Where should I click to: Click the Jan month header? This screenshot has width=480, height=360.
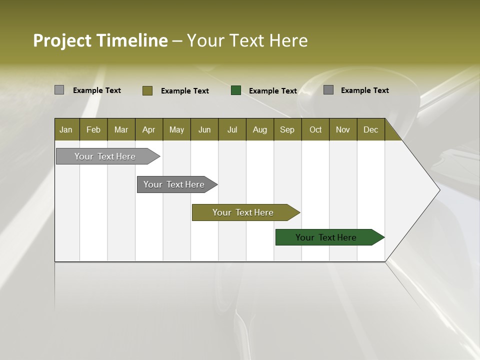66,129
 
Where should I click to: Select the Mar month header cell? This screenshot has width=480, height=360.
121,129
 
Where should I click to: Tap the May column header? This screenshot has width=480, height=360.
176,129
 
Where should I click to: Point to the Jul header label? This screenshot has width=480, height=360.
232,129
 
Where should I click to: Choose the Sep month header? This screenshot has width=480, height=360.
287,129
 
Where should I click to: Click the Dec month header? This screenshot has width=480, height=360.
370,129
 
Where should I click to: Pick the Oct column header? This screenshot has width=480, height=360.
315,129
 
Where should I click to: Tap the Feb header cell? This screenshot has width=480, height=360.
93,129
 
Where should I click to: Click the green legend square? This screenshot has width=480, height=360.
236,90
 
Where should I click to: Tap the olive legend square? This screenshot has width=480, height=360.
147,90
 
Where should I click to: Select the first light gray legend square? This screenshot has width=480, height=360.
59,90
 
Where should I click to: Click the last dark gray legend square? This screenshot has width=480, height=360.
328,90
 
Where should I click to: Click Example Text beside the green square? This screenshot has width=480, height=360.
273,91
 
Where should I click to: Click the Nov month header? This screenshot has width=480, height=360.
343,129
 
